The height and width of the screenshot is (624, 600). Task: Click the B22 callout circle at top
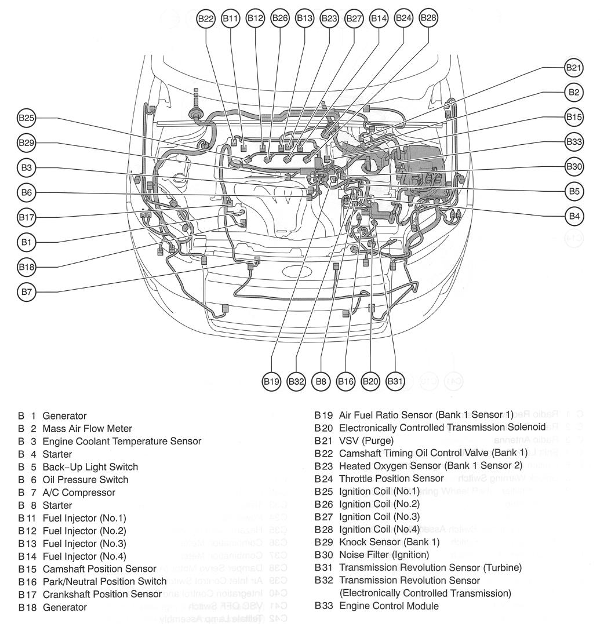pyautogui.click(x=206, y=19)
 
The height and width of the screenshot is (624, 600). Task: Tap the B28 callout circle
pyautogui.click(x=428, y=18)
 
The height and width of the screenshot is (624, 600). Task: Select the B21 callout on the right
pyautogui.click(x=573, y=68)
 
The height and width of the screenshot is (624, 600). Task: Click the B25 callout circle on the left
pyautogui.click(x=27, y=118)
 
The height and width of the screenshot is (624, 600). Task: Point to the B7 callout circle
pyautogui.click(x=27, y=292)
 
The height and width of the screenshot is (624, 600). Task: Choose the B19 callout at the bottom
pyautogui.click(x=271, y=381)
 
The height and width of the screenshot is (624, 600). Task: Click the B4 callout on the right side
pyautogui.click(x=573, y=217)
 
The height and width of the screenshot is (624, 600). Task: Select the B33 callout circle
pyautogui.click(x=573, y=141)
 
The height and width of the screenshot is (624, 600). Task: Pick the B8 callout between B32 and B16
pyautogui.click(x=321, y=381)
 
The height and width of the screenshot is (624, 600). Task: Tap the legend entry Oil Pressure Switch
pyautogui.click(x=85, y=480)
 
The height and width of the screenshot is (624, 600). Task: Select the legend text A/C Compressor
pyautogui.click(x=79, y=492)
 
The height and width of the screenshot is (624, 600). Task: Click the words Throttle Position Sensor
pyautogui.click(x=391, y=479)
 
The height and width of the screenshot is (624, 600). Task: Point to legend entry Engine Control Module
pyautogui.click(x=388, y=606)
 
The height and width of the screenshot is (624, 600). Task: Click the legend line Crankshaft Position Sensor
pyautogui.click(x=102, y=594)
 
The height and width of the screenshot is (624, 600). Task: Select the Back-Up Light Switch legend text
pyautogui.click(x=90, y=467)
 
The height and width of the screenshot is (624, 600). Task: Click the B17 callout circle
pyautogui.click(x=27, y=218)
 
